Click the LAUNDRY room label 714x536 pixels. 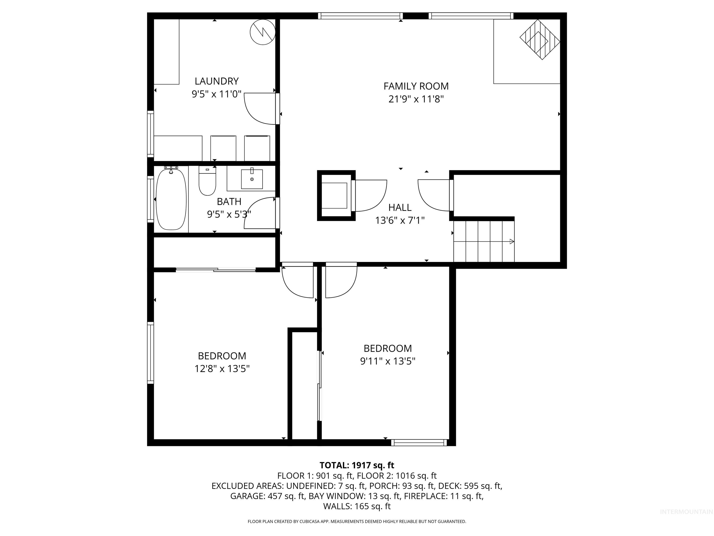pyautogui.click(x=217, y=81)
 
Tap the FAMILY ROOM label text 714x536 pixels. pyautogui.click(x=416, y=86)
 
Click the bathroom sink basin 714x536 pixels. pyautogui.click(x=252, y=179)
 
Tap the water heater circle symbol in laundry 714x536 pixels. pyautogui.click(x=262, y=32)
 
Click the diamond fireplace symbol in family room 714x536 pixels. pyautogui.click(x=540, y=39)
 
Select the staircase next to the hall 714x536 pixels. pyautogui.click(x=483, y=241)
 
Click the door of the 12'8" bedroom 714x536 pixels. pyautogui.click(x=297, y=280)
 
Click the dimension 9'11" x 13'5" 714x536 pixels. pyautogui.click(x=387, y=361)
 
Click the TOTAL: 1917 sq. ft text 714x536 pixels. pyautogui.click(x=357, y=465)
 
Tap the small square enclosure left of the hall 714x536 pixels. pyautogui.click(x=336, y=195)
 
